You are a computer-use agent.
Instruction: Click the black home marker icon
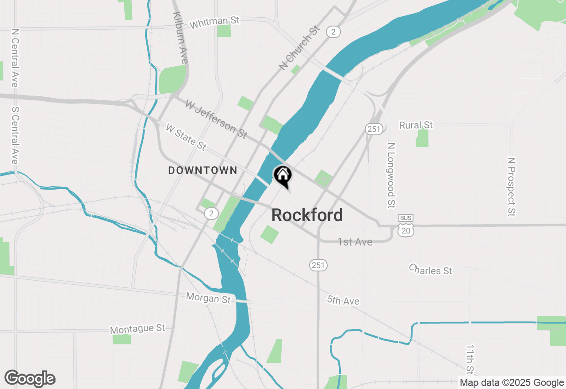pos(283,175)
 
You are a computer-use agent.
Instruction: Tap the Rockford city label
pos(307,215)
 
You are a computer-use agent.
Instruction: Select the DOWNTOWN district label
pos(203,171)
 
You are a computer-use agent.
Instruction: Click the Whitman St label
pos(214,22)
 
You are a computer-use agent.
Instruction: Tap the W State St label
pos(186,137)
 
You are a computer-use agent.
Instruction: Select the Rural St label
pos(416,126)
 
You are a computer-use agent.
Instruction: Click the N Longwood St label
pos(390,175)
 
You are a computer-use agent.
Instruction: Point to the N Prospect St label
pos(512,187)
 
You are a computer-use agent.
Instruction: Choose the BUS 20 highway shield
pos(406,225)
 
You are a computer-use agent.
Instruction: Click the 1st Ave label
pos(355,242)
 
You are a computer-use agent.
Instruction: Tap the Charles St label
pos(430,269)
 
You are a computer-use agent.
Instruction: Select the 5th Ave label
pos(343,301)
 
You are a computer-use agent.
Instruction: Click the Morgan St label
pos(208,297)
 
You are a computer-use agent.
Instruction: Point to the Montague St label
pos(137,329)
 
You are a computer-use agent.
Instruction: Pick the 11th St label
pos(470,359)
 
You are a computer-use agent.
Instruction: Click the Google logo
pos(30,379)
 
